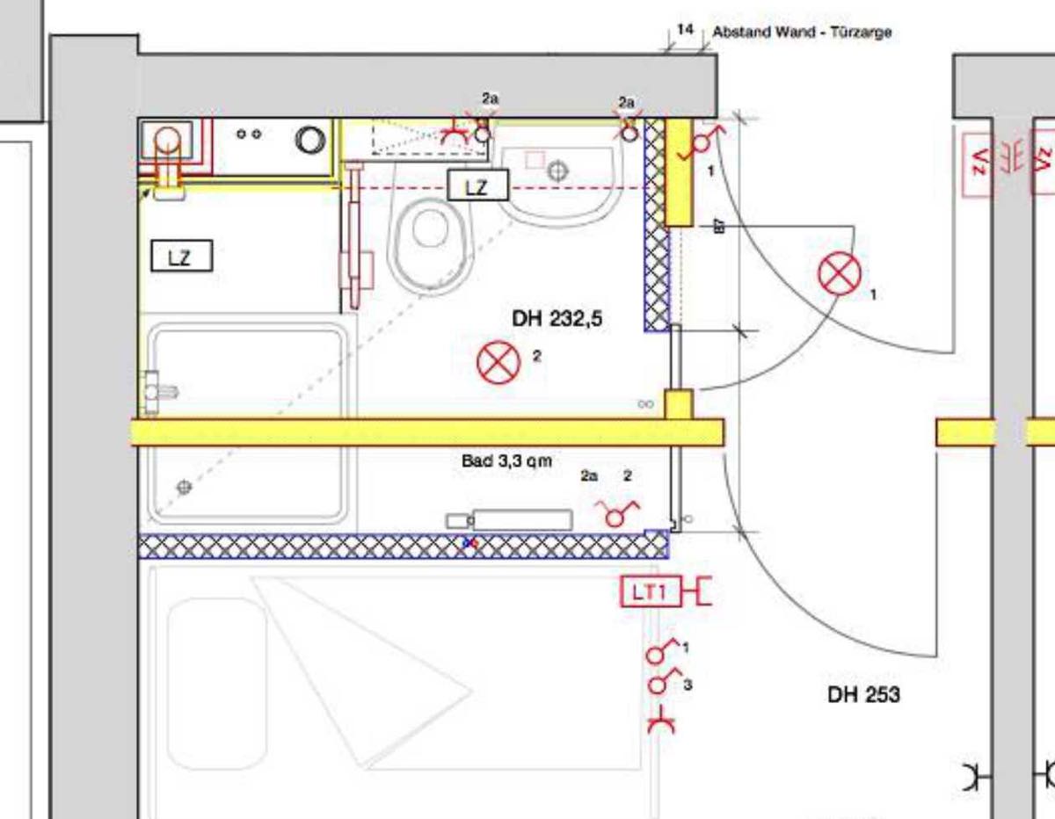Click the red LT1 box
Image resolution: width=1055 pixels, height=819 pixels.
point(651,591)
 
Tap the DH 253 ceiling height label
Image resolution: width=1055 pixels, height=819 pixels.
point(863,695)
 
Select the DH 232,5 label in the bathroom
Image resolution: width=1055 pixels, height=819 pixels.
point(557,319)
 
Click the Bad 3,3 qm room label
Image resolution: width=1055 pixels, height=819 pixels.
point(507,460)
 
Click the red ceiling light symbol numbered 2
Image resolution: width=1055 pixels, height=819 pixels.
point(498,362)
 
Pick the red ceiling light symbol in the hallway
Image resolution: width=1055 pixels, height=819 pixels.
point(840,273)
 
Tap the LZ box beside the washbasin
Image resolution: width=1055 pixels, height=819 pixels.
point(477,185)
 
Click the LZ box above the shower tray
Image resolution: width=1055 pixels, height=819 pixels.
point(182,256)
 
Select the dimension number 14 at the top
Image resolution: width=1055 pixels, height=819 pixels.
point(685,30)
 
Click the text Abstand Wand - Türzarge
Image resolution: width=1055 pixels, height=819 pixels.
point(802,32)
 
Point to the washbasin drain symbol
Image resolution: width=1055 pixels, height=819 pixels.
point(557,170)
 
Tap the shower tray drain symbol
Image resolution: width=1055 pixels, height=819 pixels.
point(184,487)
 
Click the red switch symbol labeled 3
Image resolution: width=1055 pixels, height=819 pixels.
point(661,681)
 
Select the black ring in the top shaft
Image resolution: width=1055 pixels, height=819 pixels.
point(310,140)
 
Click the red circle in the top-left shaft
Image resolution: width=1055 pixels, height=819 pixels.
point(166,141)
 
